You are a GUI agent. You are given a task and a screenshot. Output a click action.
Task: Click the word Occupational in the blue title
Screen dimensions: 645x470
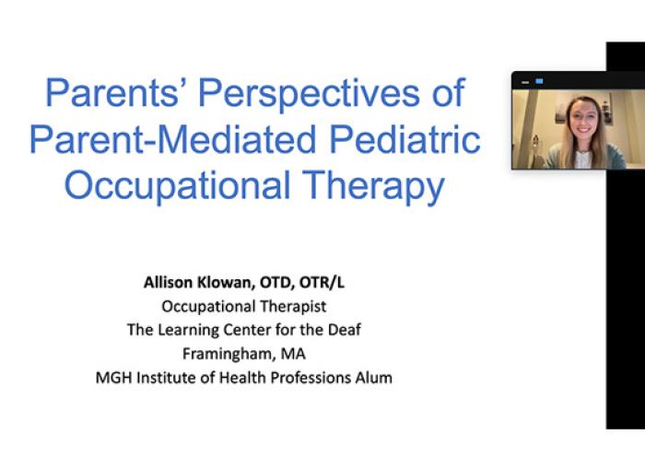(177, 185)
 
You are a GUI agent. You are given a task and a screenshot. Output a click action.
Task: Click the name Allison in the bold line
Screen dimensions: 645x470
(168, 283)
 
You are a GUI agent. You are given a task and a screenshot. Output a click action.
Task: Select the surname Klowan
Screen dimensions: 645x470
(226, 283)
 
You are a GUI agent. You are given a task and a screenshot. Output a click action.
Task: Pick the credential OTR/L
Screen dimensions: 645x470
(322, 283)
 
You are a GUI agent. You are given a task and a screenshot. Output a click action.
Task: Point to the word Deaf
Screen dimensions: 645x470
(345, 330)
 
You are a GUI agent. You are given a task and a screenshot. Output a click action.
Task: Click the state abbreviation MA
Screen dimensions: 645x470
(293, 354)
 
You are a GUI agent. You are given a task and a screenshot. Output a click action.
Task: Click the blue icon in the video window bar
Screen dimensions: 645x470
(539, 81)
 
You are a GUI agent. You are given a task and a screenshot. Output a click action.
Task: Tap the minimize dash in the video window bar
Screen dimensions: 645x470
(525, 83)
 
